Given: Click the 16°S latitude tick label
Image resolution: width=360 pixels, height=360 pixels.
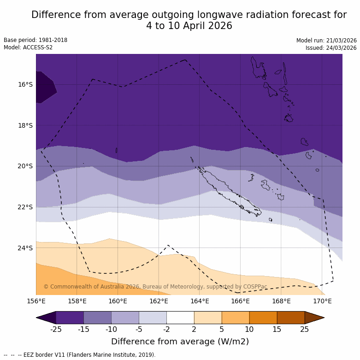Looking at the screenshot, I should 25,84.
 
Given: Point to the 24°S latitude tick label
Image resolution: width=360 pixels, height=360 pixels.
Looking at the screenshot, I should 25,248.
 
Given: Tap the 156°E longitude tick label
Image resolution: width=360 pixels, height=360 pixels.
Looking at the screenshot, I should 36,301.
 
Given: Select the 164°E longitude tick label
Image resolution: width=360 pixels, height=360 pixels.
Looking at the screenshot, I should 200,301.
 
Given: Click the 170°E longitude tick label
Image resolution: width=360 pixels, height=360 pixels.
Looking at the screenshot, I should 322,301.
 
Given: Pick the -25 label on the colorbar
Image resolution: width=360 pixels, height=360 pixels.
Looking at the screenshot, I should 56,329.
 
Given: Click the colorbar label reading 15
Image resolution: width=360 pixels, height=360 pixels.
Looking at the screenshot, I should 277,329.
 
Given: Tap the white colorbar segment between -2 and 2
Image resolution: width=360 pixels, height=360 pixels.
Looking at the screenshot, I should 180,318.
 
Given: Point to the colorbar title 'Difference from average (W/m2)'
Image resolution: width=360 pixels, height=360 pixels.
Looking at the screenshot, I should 180,342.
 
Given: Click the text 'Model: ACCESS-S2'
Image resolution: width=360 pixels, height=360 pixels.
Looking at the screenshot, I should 28,47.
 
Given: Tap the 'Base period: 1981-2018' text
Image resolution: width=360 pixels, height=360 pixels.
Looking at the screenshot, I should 35,40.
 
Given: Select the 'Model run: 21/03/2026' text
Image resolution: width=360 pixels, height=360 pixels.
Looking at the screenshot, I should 326,41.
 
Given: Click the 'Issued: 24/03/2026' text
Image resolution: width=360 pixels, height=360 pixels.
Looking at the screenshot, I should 330,48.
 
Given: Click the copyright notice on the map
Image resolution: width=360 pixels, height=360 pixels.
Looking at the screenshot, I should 155,287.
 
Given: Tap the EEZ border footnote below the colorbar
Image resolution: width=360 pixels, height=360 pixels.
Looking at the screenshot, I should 80,355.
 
